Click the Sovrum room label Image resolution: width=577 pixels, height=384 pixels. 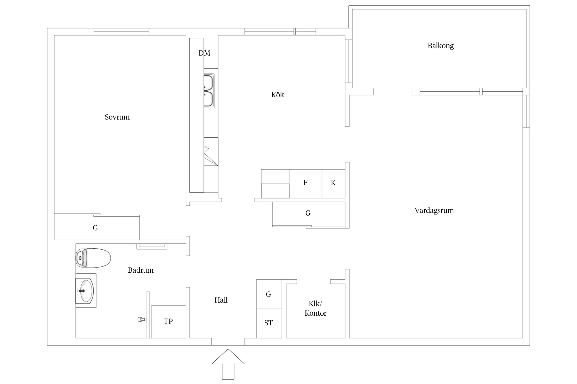coord(117,117)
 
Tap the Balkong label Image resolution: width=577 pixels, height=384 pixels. coord(441,46)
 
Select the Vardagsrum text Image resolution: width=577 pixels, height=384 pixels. coord(434,210)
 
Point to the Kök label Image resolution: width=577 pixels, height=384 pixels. coord(277,95)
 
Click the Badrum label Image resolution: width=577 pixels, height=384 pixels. coord(141,270)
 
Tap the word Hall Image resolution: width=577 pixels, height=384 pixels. coord(221,300)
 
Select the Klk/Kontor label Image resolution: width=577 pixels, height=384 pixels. coord(315,308)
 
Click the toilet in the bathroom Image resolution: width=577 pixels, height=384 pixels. coord(93,258)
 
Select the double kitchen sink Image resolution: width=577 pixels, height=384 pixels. coord(209,91)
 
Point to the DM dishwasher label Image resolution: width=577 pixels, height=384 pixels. coord(204,53)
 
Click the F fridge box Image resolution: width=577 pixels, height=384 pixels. coord(305,184)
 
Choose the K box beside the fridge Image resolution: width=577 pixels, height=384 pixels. coord(333,184)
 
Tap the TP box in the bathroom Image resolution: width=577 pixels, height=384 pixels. coord(168,322)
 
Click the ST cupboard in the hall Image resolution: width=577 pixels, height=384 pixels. coord(269,323)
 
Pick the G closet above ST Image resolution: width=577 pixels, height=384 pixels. coord(269,294)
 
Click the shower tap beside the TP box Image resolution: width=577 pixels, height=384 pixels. coord(142,319)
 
